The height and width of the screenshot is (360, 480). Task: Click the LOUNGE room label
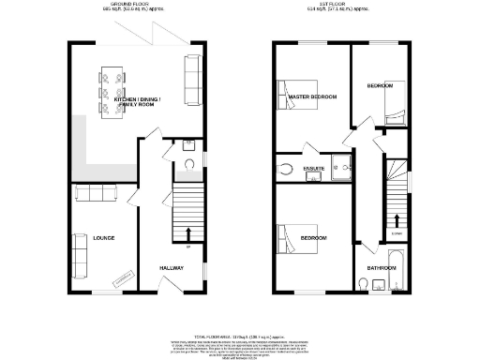[x=103, y=238]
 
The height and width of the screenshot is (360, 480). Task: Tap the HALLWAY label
[x=171, y=268]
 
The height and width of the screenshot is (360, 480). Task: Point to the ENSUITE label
[x=313, y=169]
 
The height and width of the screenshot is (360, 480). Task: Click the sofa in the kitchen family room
[x=193, y=79]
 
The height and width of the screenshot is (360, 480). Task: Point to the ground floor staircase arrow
[x=188, y=234]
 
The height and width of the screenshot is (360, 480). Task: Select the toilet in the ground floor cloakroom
[x=189, y=163]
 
